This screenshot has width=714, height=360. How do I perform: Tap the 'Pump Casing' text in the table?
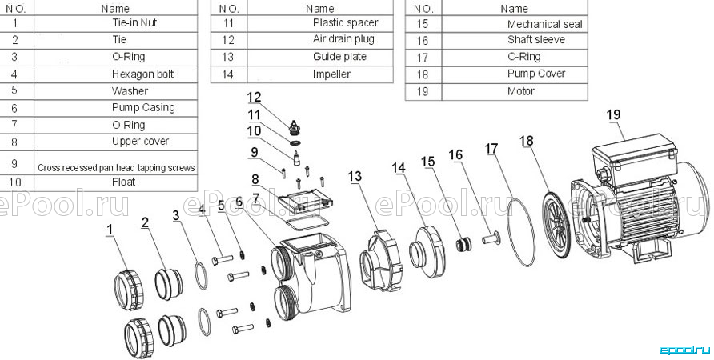143,107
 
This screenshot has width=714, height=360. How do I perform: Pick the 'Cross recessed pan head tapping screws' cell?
116,167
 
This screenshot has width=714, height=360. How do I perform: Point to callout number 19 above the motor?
613,114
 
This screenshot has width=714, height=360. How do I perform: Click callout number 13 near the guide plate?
355,176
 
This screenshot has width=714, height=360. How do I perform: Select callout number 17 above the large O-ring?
491,149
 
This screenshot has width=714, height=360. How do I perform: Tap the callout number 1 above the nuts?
110,230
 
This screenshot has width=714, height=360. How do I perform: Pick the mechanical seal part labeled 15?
463,244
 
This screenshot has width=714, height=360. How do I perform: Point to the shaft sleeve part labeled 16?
491,238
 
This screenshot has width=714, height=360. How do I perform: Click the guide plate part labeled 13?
381,260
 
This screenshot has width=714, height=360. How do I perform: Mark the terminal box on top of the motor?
634,154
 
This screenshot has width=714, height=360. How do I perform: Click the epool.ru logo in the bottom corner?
684,350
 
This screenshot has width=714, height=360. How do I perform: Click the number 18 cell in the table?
423,74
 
